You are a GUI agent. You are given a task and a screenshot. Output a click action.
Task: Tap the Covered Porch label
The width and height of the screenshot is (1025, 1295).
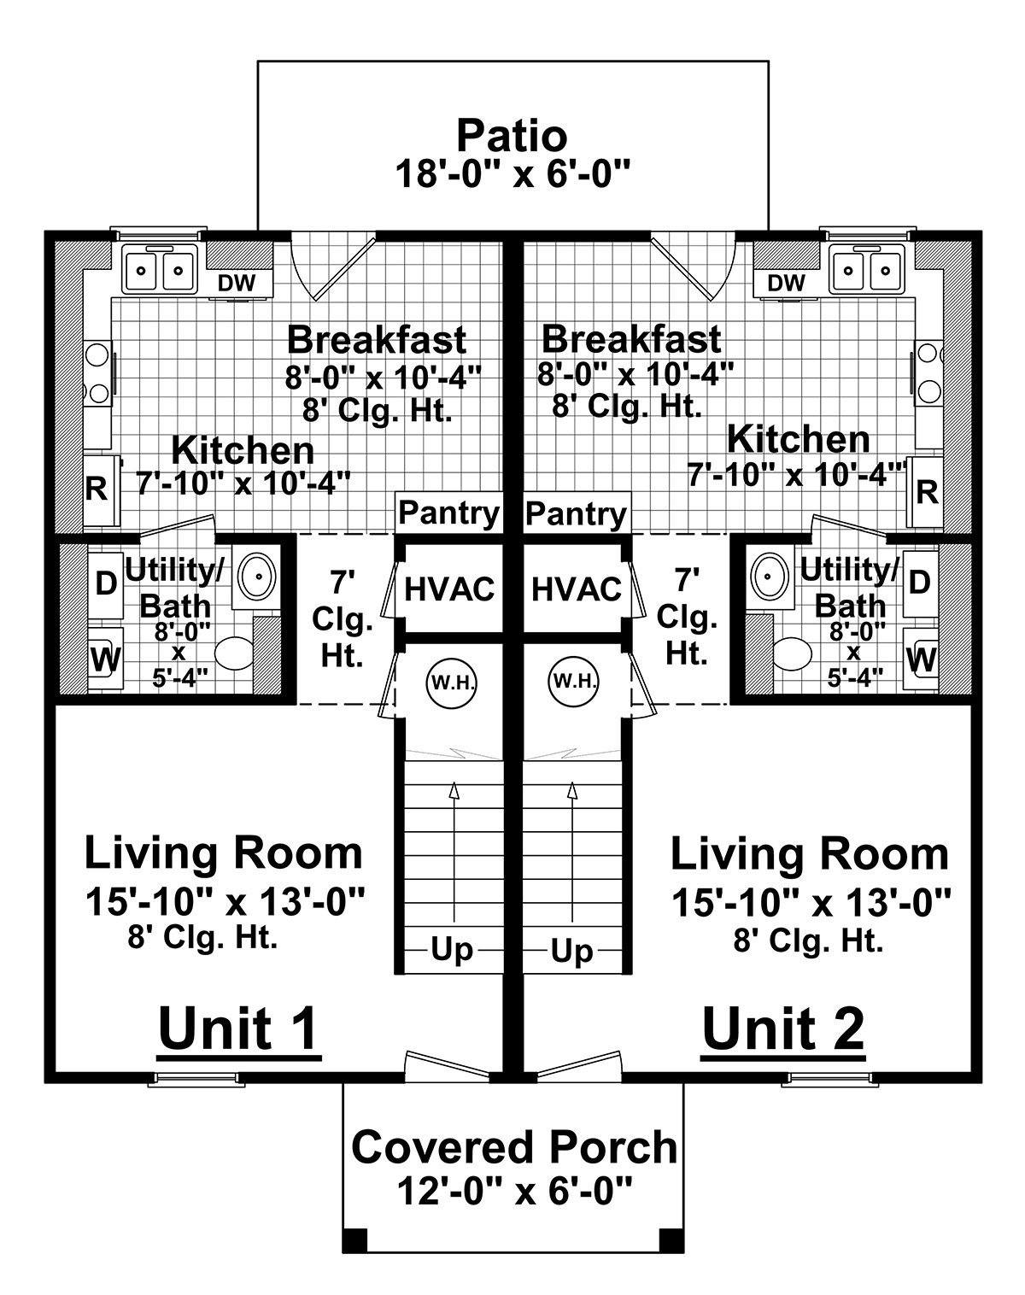[513, 1147]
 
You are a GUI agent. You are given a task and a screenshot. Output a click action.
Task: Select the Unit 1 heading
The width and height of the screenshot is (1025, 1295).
[238, 1028]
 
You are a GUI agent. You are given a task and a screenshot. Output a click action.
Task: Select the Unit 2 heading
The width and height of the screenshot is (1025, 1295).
[782, 1028]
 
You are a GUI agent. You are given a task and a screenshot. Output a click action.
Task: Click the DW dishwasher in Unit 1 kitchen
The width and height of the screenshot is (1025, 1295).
[237, 283]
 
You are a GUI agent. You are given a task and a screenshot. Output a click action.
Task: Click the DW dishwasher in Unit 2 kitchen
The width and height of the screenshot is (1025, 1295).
[786, 283]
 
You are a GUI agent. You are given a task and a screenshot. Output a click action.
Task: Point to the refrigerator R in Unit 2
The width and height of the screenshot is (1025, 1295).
[926, 491]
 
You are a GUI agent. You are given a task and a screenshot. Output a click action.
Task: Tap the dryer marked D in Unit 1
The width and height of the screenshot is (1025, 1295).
[106, 583]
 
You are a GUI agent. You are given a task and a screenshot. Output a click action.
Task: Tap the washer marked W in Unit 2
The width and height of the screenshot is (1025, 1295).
[921, 659]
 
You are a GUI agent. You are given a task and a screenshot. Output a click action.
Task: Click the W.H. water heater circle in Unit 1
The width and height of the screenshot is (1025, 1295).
[452, 682]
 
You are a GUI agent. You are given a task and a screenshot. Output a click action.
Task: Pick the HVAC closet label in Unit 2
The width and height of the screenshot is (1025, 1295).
[576, 589]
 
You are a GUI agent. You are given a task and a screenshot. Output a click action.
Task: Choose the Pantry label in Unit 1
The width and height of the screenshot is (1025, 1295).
[449, 513]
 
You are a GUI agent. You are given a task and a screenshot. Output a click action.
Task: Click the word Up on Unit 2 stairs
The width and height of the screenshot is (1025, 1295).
[572, 950]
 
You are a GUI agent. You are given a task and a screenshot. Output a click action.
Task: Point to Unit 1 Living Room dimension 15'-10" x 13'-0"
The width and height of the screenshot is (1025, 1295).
[225, 900]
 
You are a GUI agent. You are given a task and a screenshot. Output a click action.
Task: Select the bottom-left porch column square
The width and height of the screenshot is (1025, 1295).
[354, 1239]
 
